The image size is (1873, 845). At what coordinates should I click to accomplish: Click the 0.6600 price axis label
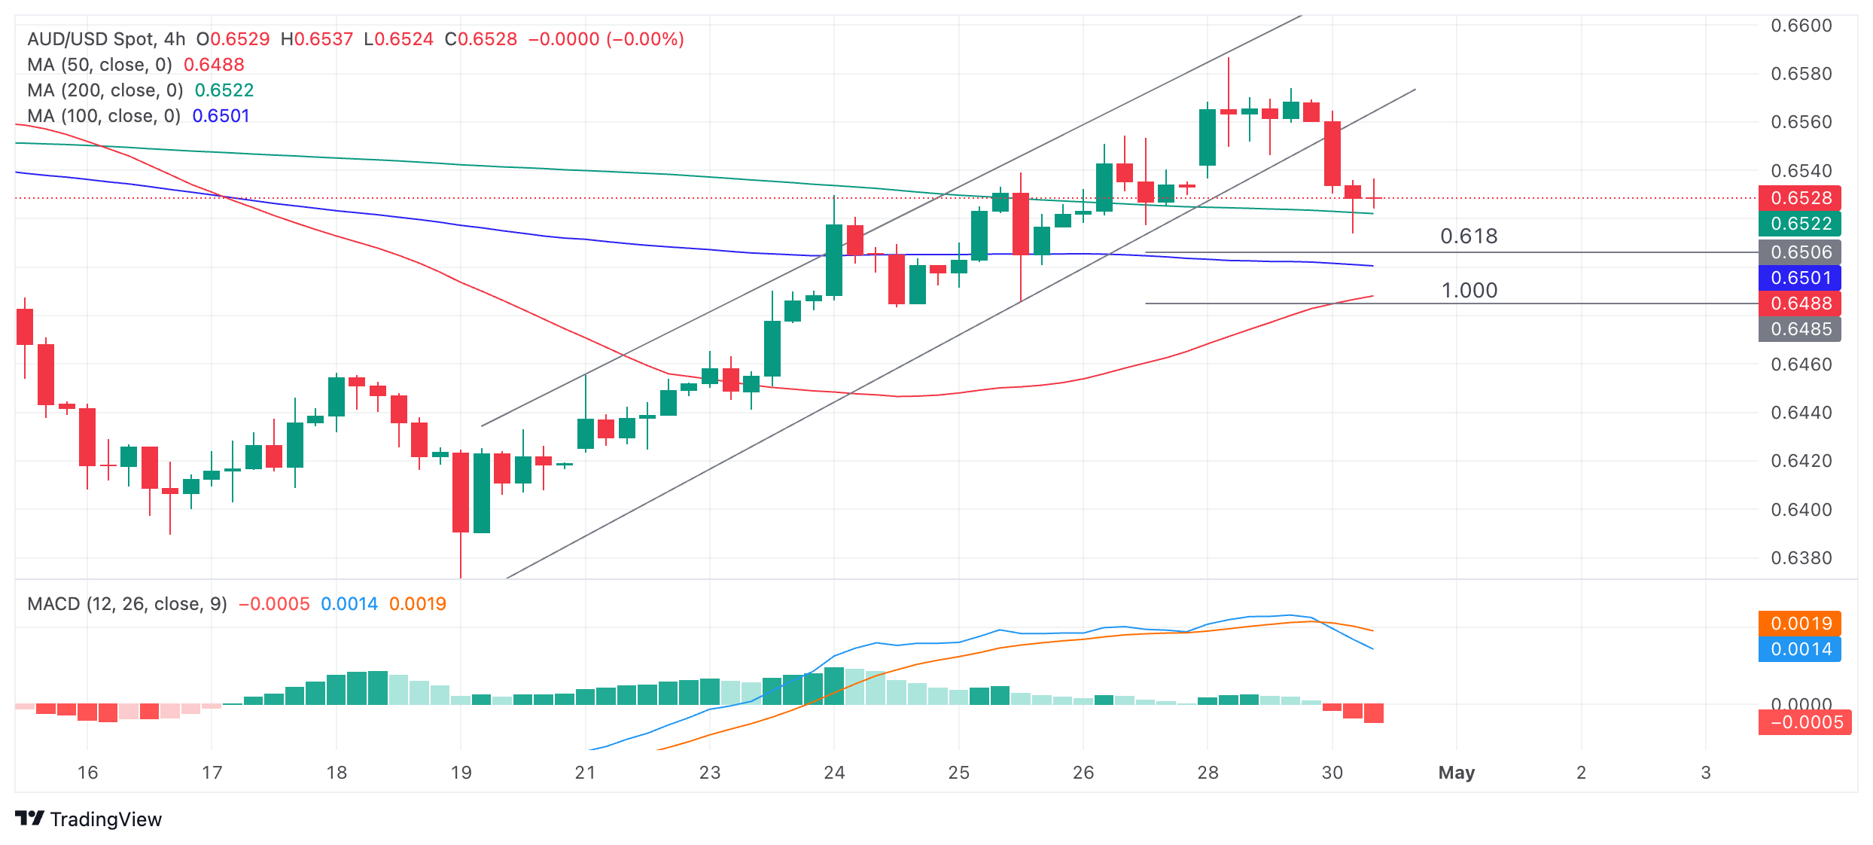(x=1801, y=26)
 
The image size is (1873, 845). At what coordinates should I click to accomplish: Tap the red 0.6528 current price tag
(x=1800, y=198)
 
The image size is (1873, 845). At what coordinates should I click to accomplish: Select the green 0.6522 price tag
(x=1800, y=224)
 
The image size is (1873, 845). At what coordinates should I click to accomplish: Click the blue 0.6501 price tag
(x=1800, y=278)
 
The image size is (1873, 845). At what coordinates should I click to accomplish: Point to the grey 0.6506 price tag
(x=1800, y=252)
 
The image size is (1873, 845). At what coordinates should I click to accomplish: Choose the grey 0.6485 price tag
(x=1800, y=329)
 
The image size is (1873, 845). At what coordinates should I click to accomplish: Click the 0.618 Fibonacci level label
(x=1469, y=236)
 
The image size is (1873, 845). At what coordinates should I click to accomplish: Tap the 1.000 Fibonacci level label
(x=1469, y=291)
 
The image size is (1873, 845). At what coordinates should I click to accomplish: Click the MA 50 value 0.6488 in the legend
(x=214, y=65)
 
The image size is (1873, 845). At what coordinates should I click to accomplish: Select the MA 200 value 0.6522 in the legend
(x=224, y=90)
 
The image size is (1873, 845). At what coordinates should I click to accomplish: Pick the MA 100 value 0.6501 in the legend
(x=221, y=116)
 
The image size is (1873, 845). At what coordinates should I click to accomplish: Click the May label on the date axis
(x=1457, y=773)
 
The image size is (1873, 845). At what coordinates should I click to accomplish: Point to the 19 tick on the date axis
(x=461, y=773)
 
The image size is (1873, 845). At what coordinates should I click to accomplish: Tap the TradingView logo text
(x=106, y=819)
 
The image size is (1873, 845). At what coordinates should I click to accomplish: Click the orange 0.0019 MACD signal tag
(x=1800, y=624)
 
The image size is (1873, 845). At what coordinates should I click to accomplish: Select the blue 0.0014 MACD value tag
(x=1800, y=649)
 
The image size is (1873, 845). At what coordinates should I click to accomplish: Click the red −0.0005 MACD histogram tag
(x=1804, y=722)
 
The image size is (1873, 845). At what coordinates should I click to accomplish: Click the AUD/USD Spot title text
(x=90, y=39)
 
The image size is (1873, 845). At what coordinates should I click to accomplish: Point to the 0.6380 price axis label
(x=1801, y=558)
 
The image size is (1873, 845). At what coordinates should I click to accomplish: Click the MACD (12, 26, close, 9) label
(x=127, y=604)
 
